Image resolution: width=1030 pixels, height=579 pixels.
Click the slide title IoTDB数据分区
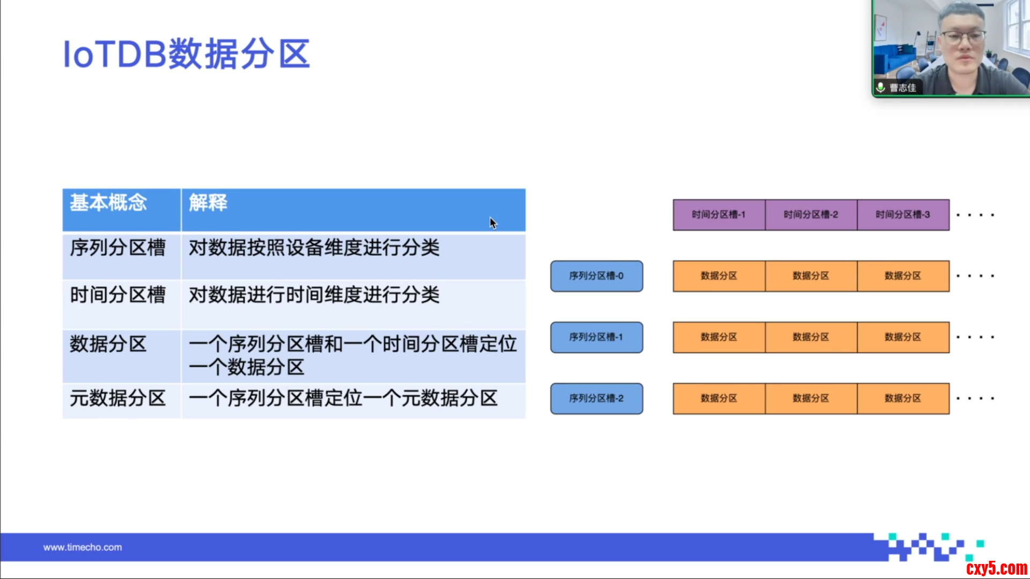pyautogui.click(x=186, y=54)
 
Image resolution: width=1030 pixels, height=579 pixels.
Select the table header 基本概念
pyautogui.click(x=108, y=203)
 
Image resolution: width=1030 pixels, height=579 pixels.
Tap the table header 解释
pyautogui.click(x=208, y=203)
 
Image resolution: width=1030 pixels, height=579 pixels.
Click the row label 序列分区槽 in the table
pyautogui.click(x=117, y=248)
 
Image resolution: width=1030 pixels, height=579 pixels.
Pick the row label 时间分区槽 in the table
pyautogui.click(x=117, y=295)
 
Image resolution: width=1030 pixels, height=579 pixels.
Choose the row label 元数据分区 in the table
pyautogui.click(x=117, y=398)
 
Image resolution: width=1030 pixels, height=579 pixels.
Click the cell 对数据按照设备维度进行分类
pyautogui.click(x=314, y=248)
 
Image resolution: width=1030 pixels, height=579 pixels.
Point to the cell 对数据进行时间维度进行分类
pyautogui.click(x=314, y=295)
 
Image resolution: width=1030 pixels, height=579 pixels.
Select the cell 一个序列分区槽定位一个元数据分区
pyautogui.click(x=343, y=398)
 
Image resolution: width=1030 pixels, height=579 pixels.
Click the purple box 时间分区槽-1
pyautogui.click(x=719, y=215)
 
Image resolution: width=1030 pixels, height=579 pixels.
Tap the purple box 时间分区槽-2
pyautogui.click(x=811, y=215)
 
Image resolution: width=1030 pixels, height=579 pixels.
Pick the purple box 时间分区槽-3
pyautogui.click(x=903, y=215)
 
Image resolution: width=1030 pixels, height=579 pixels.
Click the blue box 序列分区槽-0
pyautogui.click(x=597, y=276)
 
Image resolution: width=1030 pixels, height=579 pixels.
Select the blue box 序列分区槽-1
pyautogui.click(x=597, y=337)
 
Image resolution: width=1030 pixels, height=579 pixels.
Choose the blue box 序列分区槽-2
pyautogui.click(x=597, y=398)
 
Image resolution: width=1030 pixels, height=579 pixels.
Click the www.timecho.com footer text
pyautogui.click(x=83, y=547)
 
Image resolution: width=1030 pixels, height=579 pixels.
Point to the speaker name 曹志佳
pyautogui.click(x=903, y=87)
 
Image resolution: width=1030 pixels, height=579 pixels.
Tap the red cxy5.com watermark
pyautogui.click(x=996, y=568)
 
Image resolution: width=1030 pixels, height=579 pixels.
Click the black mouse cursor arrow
pyautogui.click(x=493, y=223)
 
